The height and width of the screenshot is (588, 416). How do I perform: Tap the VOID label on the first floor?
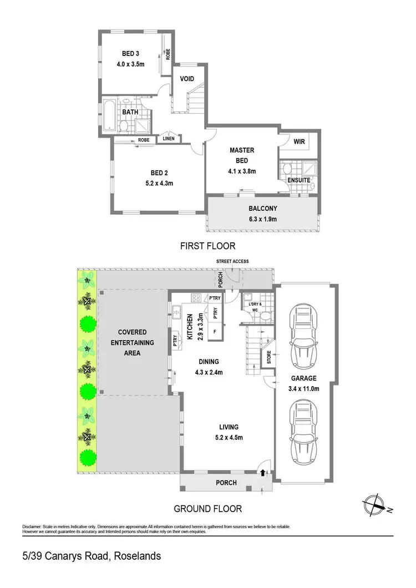click(x=187, y=79)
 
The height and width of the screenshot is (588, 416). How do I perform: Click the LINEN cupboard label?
click(x=169, y=138)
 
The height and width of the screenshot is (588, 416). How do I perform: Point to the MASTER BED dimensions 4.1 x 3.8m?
click(x=242, y=171)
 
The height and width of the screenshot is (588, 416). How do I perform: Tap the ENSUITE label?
click(x=299, y=180)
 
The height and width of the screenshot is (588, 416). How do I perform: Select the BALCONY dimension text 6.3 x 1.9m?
click(x=263, y=219)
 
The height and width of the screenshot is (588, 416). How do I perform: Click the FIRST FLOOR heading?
click(x=208, y=246)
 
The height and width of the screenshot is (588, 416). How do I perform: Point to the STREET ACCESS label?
click(x=233, y=261)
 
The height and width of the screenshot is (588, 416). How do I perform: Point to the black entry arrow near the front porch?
click(x=262, y=473)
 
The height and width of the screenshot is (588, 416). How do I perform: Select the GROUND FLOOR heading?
click(x=208, y=508)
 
